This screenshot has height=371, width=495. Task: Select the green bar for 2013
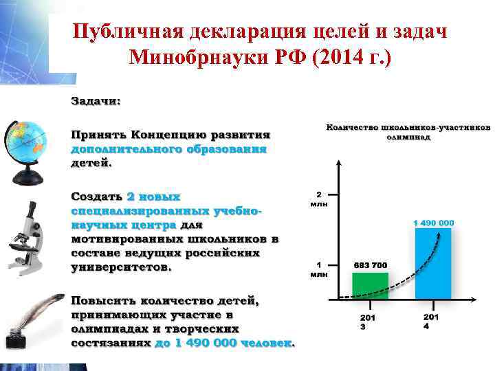(x=370, y=284)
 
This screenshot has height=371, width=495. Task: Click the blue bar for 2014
(x=433, y=262)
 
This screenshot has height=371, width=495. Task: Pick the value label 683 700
(x=371, y=265)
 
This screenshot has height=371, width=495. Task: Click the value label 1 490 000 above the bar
(x=433, y=223)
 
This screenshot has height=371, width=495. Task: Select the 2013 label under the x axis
(x=367, y=322)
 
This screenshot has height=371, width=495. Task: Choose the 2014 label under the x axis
(x=430, y=322)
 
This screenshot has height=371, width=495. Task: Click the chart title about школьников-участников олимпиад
(x=408, y=131)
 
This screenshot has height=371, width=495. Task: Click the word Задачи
(x=96, y=101)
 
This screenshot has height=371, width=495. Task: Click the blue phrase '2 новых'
(x=154, y=196)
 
